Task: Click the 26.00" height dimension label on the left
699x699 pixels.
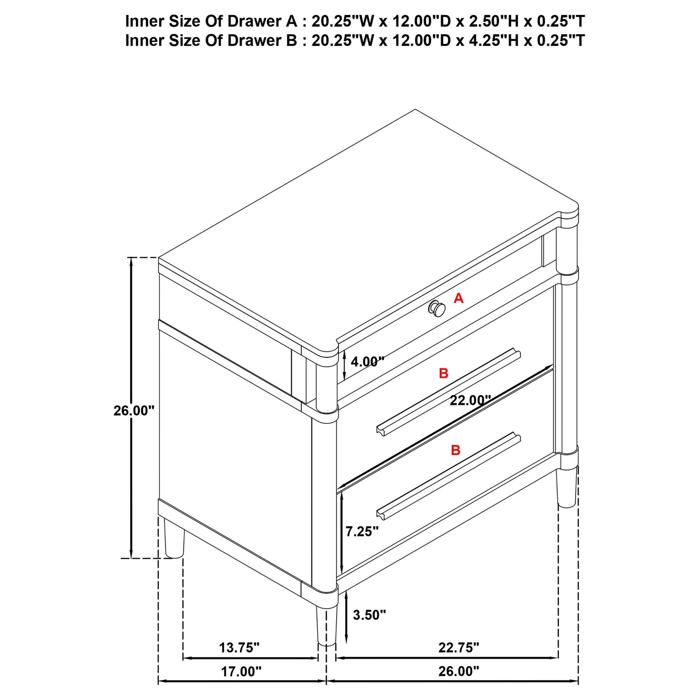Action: pyautogui.click(x=134, y=411)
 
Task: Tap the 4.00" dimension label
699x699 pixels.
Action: pyautogui.click(x=367, y=361)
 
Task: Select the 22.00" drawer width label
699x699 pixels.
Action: pyautogui.click(x=470, y=401)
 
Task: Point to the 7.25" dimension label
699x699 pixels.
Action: pyautogui.click(x=362, y=532)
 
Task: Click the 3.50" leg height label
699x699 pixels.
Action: pyautogui.click(x=370, y=615)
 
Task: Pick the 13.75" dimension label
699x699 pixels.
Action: pyautogui.click(x=239, y=647)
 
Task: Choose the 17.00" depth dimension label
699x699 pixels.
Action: pyautogui.click(x=241, y=671)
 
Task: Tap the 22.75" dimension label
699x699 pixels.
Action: pyautogui.click(x=459, y=647)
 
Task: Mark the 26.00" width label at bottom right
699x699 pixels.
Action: pyautogui.click(x=459, y=671)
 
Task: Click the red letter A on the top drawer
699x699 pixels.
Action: pyautogui.click(x=459, y=298)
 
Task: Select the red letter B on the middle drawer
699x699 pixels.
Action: pyautogui.click(x=444, y=373)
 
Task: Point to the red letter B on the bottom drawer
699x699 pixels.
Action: pyautogui.click(x=456, y=450)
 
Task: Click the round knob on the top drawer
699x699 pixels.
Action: pyautogui.click(x=436, y=308)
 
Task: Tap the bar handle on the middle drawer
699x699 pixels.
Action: pyautogui.click(x=448, y=391)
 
